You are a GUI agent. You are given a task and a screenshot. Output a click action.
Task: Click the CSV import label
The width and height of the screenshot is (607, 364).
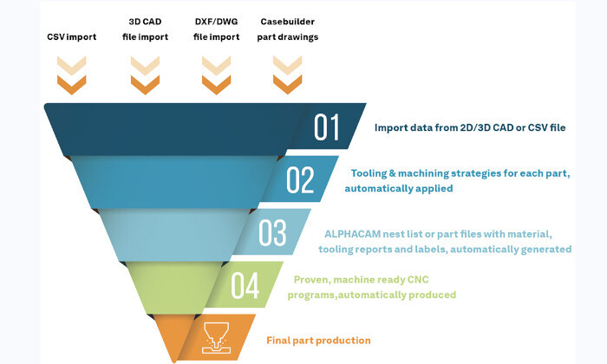[72, 37]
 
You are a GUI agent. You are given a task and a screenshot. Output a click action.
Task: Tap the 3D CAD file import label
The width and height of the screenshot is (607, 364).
[145, 29]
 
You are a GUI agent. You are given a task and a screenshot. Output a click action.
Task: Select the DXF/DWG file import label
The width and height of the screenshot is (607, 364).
[217, 29]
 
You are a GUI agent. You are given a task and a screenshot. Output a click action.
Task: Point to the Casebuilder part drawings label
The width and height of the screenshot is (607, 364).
[288, 29]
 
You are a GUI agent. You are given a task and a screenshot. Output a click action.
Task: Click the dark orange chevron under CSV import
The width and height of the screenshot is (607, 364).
[72, 85]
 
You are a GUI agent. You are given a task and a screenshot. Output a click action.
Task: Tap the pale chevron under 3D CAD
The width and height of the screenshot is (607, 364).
[145, 66]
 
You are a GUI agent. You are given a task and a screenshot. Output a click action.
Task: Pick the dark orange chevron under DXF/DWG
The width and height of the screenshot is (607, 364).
[217, 85]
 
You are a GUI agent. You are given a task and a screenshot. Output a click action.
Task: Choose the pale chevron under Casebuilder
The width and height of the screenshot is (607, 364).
[288, 66]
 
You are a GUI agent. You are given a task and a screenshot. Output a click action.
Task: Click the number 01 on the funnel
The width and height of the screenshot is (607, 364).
[327, 127]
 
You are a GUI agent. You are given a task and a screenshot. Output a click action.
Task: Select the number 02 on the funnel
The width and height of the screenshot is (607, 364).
[300, 180]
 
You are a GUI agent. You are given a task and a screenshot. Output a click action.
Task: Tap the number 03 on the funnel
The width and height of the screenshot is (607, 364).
[272, 233]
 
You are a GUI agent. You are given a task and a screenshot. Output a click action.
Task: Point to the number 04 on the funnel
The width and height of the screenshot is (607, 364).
[245, 285]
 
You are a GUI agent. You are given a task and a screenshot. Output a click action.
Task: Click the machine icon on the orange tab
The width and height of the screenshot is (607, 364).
[217, 338]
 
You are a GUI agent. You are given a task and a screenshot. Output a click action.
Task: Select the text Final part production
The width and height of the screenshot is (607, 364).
[318, 341]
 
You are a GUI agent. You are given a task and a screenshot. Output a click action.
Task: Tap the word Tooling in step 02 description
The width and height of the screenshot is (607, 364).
[369, 173]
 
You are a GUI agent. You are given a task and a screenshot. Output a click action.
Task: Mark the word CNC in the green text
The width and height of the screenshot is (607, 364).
[418, 280]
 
